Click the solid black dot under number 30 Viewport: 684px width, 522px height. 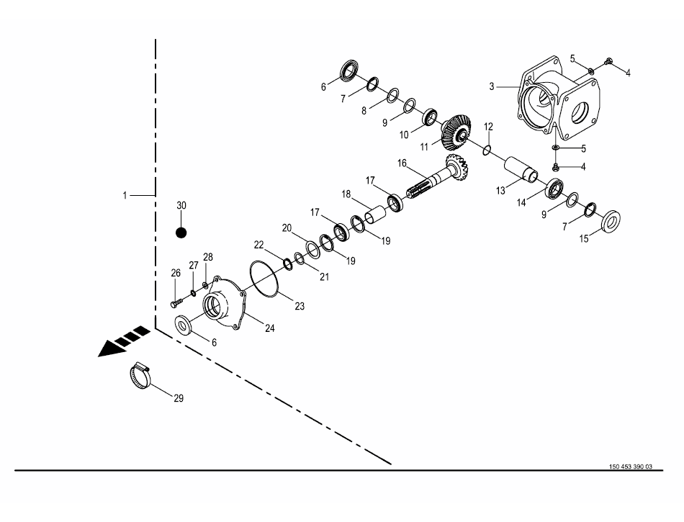[181, 233]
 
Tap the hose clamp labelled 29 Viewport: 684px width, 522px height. [140, 375]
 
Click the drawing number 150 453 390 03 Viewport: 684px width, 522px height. [630, 467]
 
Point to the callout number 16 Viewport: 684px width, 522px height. [402, 163]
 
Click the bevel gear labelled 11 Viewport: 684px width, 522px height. [457, 131]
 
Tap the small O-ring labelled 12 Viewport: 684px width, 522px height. [487, 150]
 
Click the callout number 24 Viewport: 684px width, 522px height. [270, 328]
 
